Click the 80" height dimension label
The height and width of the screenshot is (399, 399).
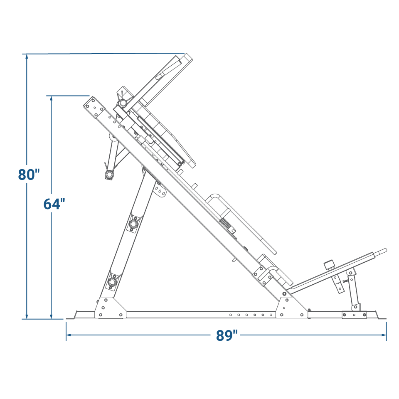(29, 175)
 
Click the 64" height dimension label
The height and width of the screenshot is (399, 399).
(54, 204)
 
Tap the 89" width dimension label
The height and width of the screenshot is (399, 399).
(227, 335)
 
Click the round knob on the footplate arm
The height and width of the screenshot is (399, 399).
(329, 265)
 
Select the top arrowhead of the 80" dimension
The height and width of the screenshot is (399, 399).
(27, 57)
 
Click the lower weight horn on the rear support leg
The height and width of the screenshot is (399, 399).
(112, 282)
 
